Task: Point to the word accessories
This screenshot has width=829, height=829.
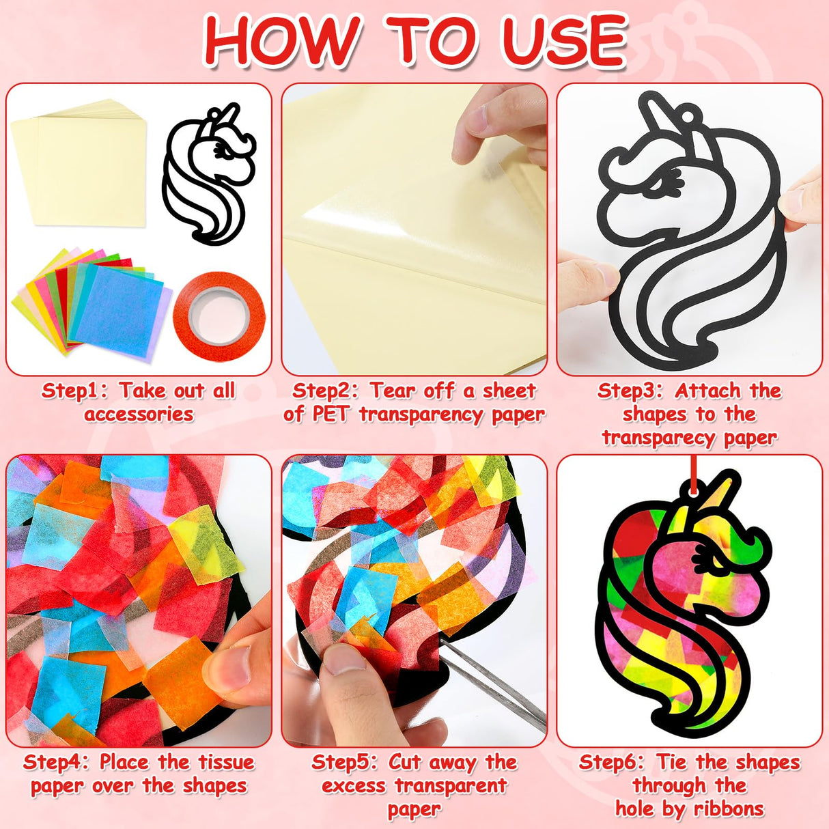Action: pyautogui.click(x=139, y=414)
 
